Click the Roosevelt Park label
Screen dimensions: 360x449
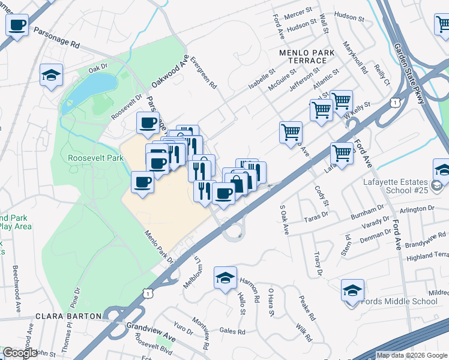tap(95, 158)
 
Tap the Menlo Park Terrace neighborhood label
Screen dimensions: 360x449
tap(307, 57)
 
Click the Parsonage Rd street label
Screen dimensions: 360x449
tap(56, 37)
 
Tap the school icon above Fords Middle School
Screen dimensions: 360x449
tap(352, 290)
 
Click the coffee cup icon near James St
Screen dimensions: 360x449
tap(17, 25)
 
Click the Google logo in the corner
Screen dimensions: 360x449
tap(20, 352)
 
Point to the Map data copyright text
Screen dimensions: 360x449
tap(412, 355)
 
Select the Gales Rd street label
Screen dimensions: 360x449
tap(232, 331)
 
